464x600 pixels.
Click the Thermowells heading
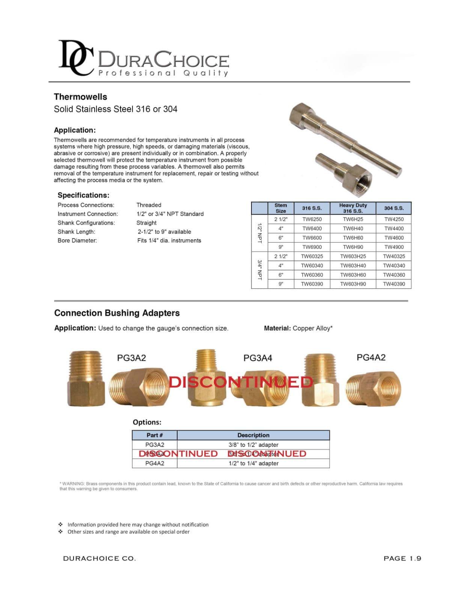point(80,97)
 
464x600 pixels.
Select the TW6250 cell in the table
point(312,219)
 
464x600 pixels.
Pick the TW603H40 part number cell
point(353,265)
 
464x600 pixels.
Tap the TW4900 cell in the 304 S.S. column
point(394,247)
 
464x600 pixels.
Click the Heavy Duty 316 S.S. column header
point(353,208)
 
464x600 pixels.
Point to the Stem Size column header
point(280,208)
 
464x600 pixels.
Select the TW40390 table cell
point(394,284)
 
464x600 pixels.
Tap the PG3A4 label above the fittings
point(258,358)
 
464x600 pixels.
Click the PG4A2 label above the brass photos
point(371,357)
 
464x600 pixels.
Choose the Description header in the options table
point(253,435)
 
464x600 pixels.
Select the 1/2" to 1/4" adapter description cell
point(253,463)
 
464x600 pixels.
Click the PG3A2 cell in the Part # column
point(155,445)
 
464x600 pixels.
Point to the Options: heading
point(147,422)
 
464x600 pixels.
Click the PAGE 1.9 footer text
point(402,558)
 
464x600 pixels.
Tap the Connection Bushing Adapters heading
point(117,313)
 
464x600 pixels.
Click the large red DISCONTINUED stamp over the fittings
point(241,382)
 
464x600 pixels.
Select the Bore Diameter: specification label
point(77,241)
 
